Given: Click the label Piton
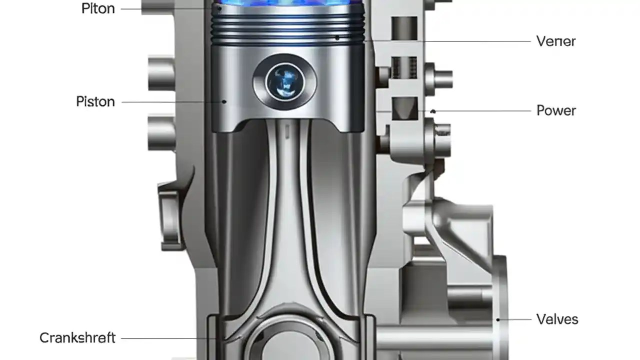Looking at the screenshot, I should click(x=98, y=8).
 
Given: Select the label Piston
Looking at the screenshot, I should click(x=95, y=101).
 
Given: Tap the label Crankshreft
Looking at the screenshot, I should click(x=77, y=338).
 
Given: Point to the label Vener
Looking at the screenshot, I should click(x=556, y=41).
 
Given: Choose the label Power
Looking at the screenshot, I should click(x=556, y=110).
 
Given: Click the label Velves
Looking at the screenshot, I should click(x=557, y=319).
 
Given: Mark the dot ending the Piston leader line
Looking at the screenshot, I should click(x=224, y=101).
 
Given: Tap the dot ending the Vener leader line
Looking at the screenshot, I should click(x=337, y=37).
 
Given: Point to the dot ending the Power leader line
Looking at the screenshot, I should click(x=433, y=111).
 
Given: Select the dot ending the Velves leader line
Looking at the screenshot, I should click(x=498, y=319).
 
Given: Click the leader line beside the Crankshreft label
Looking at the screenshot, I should click(x=170, y=338).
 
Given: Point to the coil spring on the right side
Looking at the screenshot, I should click(x=404, y=67).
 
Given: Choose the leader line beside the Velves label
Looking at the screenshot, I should click(x=515, y=319).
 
